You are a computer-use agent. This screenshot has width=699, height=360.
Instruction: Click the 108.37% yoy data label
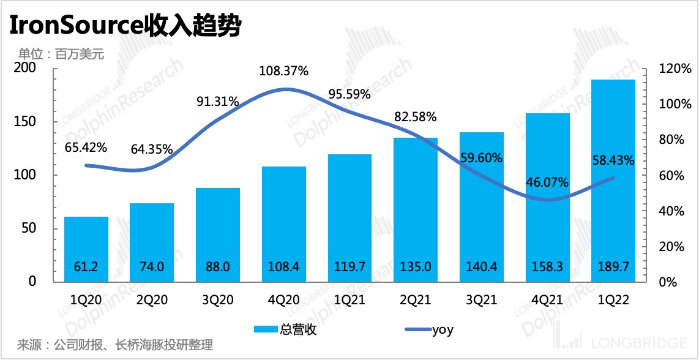pyautogui.click(x=284, y=71)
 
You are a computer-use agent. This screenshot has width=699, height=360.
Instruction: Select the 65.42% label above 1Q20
pyautogui.click(x=86, y=148)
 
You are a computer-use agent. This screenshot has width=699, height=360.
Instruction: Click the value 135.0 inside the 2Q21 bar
pyautogui.click(x=416, y=267)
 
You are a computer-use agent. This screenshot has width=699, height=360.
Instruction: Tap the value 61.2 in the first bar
pyautogui.click(x=86, y=267)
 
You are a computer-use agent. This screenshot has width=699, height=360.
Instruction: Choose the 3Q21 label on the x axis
pyautogui.click(x=482, y=300)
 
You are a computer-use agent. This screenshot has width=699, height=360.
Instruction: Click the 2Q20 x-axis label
pyautogui.click(x=152, y=300)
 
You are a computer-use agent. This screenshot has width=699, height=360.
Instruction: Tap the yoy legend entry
pyautogui.click(x=428, y=330)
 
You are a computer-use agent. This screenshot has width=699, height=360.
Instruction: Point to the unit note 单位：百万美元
pyautogui.click(x=62, y=54)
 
